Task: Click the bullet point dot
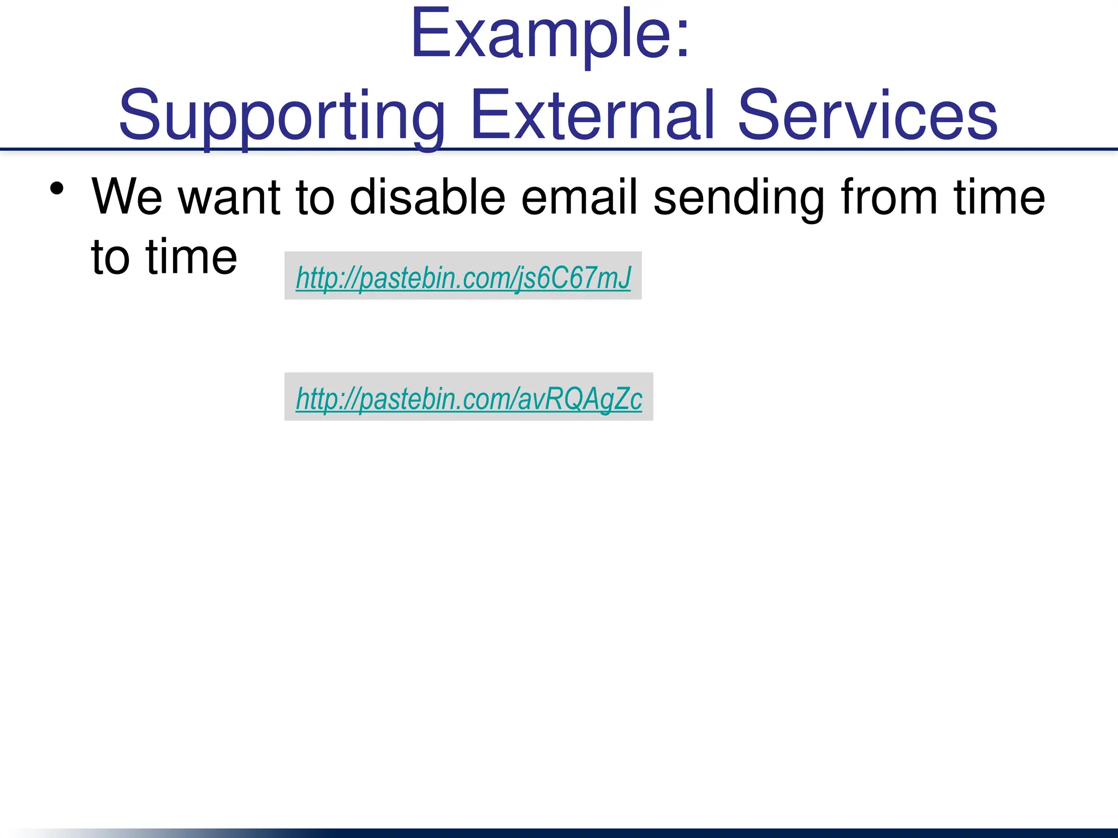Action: point(57,189)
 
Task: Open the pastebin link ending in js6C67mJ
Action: point(463,277)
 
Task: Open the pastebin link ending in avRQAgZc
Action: point(468,398)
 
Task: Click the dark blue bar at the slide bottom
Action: point(710,833)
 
